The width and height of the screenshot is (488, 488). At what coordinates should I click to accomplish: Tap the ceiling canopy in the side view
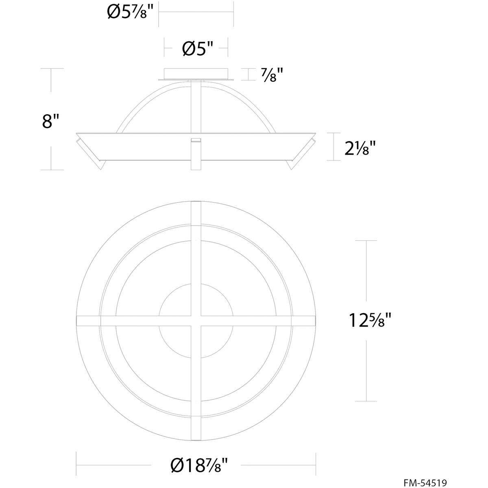[x=196, y=74]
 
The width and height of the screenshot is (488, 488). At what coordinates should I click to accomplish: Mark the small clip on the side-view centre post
[x=196, y=140]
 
